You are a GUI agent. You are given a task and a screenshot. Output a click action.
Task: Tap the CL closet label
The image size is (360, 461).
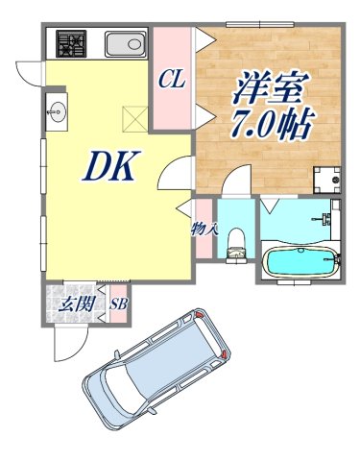[173, 78]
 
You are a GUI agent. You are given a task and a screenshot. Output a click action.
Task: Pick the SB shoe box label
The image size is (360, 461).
[120, 304]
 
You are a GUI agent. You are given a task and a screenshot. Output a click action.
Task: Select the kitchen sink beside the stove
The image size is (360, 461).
[124, 44]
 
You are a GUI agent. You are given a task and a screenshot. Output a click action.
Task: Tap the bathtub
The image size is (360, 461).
[300, 260]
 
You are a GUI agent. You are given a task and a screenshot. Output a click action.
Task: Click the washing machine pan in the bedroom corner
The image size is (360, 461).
[330, 179]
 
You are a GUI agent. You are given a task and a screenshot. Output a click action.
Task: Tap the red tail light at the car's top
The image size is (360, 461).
[200, 315]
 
